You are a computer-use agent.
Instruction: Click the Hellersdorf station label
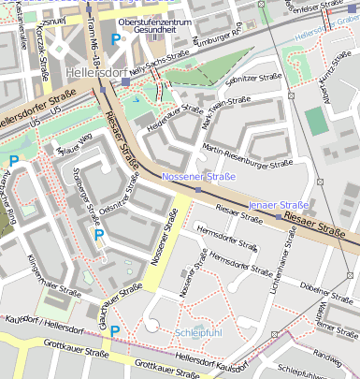point(95,72)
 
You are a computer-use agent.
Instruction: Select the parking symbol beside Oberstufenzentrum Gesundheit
point(115,39)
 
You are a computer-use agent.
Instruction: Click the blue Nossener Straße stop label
point(198,176)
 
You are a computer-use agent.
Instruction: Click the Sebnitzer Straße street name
point(259,78)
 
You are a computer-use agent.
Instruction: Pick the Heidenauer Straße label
point(176,117)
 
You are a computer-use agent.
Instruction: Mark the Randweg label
point(327,357)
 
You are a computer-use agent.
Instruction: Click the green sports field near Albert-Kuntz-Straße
point(317,121)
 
